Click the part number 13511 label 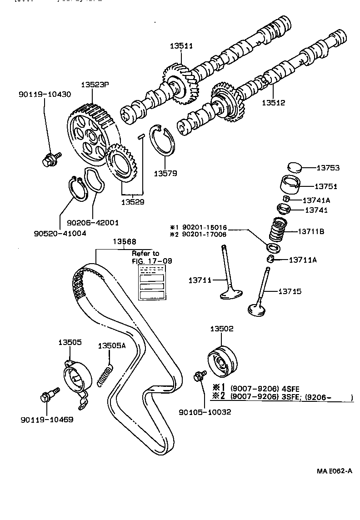182,46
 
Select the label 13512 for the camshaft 274,103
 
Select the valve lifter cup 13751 292,186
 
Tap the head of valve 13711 232,294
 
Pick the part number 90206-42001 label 93,223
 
